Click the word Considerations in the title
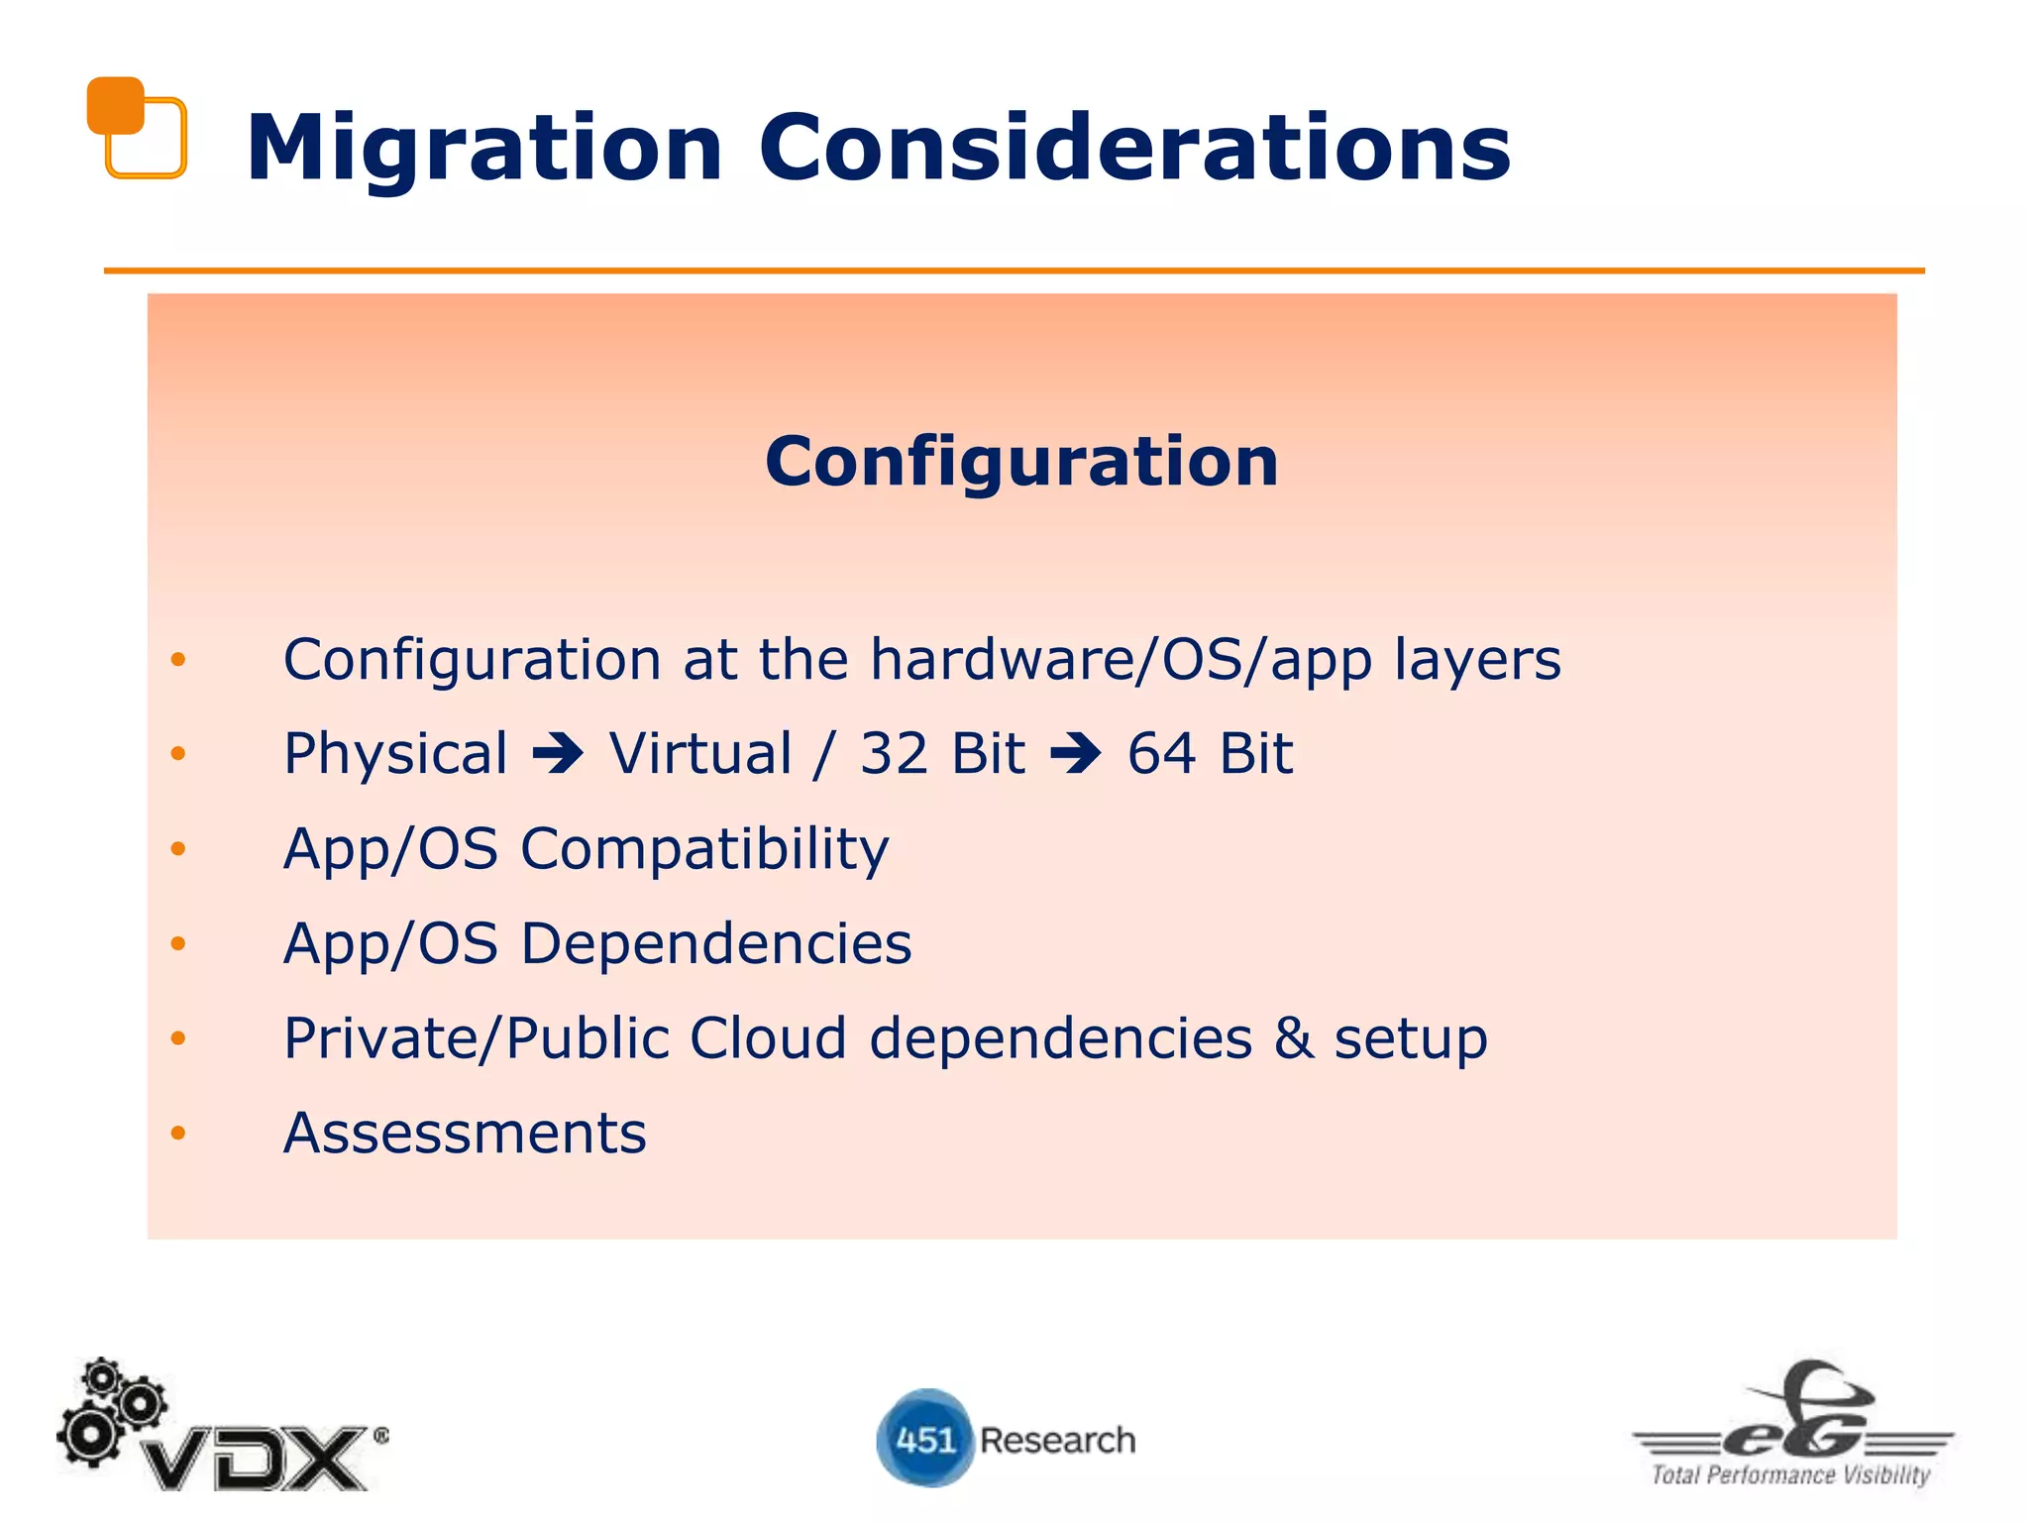click(1134, 149)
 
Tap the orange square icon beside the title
click(136, 128)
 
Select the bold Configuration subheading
click(1021, 462)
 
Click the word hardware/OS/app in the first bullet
click(1121, 660)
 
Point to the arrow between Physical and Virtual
click(559, 755)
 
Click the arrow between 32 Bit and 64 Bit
click(1076, 755)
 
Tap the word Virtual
click(700, 754)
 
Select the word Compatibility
click(704, 850)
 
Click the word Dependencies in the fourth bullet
click(715, 943)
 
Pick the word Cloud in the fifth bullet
click(768, 1038)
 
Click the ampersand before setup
click(1294, 1038)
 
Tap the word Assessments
click(465, 1134)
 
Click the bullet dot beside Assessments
click(178, 1133)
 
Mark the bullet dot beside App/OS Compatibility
click(178, 848)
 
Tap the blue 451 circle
click(924, 1438)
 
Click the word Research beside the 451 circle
click(1057, 1440)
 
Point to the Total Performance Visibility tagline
click(1790, 1475)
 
